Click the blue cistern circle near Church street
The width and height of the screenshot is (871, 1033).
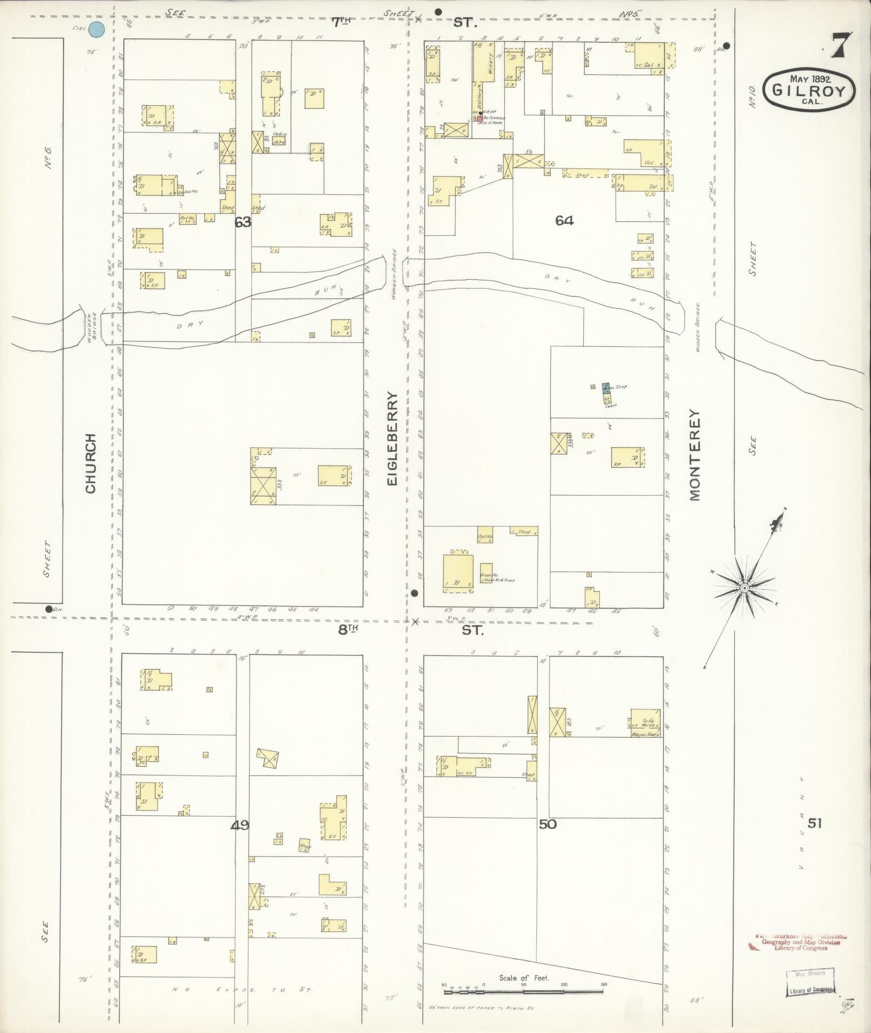(x=97, y=30)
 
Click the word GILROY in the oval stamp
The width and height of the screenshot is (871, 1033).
(x=808, y=91)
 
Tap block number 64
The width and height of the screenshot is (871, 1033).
(x=564, y=220)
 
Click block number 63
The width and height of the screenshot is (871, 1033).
(x=243, y=221)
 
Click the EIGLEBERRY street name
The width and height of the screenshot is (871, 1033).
(x=393, y=438)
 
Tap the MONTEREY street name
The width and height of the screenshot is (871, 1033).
(x=694, y=455)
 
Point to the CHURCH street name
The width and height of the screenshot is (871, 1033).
(x=90, y=463)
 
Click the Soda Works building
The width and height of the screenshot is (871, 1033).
(x=646, y=721)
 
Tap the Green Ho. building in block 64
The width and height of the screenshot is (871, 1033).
(x=486, y=576)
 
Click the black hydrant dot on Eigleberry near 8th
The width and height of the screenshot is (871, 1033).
(x=414, y=593)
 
